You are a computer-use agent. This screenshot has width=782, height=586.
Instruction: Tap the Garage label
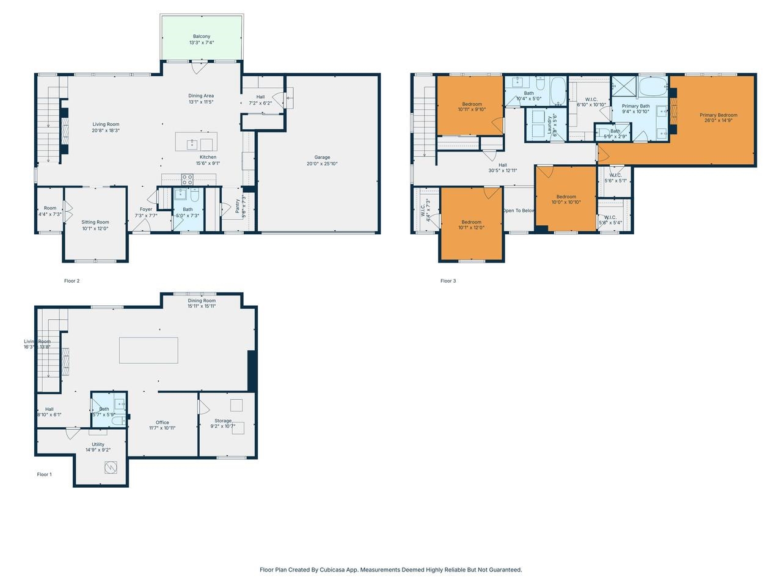[x=322, y=157]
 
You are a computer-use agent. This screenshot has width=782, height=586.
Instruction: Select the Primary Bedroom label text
[x=718, y=115]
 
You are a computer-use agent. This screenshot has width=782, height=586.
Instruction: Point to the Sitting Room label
[x=95, y=222]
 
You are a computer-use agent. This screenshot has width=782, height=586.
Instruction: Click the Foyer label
[x=146, y=209]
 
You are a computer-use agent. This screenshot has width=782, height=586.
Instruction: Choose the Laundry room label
[x=550, y=125]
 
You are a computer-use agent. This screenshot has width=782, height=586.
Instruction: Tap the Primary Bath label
[x=635, y=106]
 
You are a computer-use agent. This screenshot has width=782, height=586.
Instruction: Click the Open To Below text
[x=519, y=211]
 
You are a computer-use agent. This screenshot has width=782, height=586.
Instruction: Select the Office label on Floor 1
[x=162, y=422]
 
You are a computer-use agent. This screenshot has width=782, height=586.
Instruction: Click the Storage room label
[x=223, y=421]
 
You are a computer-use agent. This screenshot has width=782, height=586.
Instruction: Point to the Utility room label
[x=98, y=444]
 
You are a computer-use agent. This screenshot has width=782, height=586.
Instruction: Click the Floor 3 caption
[x=448, y=281]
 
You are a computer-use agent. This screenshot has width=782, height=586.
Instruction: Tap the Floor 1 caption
[x=44, y=474]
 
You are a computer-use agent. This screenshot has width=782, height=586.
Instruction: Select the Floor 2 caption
[x=71, y=281]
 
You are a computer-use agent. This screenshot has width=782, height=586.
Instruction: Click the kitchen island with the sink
[x=196, y=142]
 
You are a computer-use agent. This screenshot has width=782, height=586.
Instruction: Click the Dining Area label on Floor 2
[x=201, y=96]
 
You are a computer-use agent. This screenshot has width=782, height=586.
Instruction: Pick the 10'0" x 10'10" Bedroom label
[x=566, y=197]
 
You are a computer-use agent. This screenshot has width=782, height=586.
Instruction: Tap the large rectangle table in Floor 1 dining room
[x=148, y=350]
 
